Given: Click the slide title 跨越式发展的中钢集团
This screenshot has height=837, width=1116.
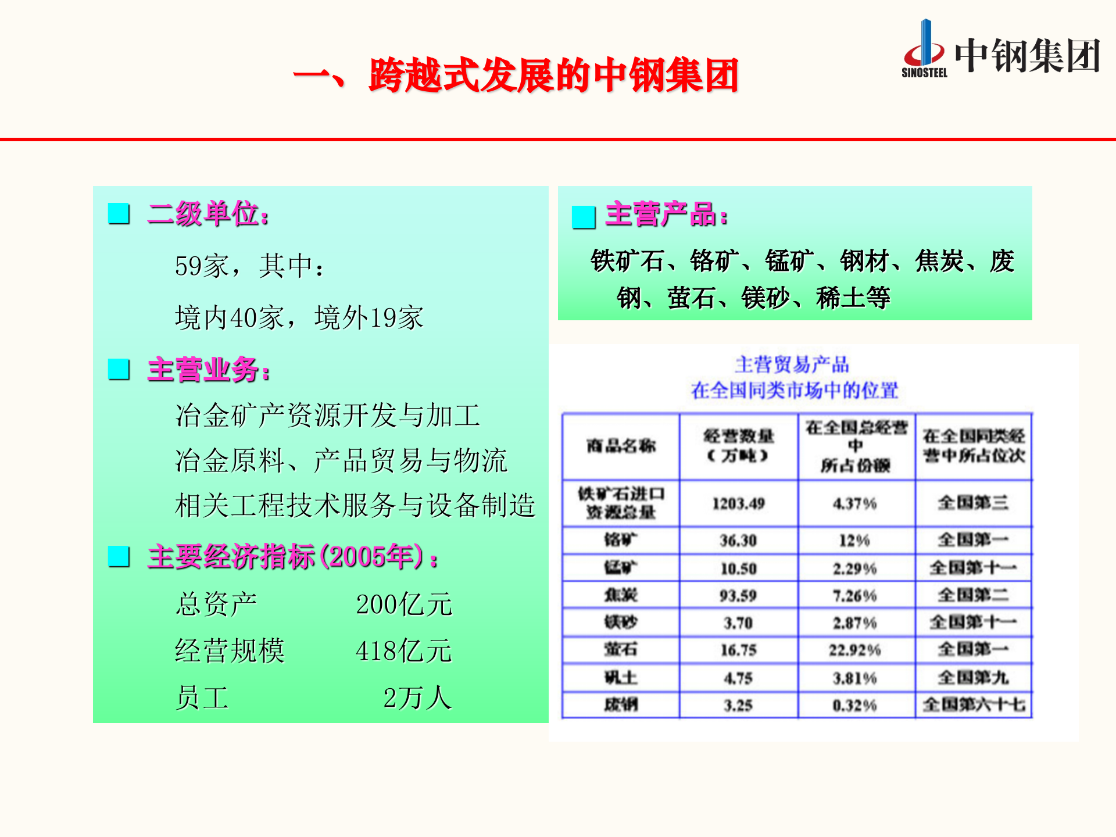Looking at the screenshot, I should click(x=553, y=76).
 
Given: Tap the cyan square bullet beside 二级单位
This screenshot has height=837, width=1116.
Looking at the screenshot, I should click(x=119, y=214).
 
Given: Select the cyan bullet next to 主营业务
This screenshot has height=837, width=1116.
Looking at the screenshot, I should click(x=119, y=369).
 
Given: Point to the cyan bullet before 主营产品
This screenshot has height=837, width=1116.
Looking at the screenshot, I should click(x=584, y=217).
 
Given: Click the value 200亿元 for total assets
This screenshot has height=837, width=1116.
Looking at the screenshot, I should click(x=404, y=604).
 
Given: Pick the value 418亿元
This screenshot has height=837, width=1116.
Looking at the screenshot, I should click(x=403, y=651).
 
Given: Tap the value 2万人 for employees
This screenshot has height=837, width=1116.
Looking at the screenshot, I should click(x=417, y=698).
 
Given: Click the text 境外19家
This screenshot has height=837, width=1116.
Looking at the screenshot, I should click(x=369, y=318).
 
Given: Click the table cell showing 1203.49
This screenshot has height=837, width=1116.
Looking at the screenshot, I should click(x=738, y=503).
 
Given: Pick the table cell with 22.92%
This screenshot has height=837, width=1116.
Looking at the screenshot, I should click(x=855, y=650).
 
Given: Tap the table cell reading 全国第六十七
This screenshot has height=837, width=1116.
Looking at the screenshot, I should click(x=974, y=705).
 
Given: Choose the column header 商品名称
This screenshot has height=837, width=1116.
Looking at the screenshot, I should click(x=621, y=446).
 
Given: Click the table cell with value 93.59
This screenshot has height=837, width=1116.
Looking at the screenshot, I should click(x=738, y=596).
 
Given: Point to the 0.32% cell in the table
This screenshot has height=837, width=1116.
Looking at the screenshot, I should click(x=854, y=706).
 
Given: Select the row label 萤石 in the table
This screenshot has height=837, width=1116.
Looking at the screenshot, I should click(x=621, y=650).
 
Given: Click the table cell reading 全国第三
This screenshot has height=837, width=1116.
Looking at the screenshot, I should click(x=973, y=503).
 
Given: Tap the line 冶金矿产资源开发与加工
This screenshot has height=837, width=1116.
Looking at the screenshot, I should click(x=327, y=416).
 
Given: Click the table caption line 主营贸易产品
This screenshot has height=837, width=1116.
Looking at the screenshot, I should click(x=792, y=364).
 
